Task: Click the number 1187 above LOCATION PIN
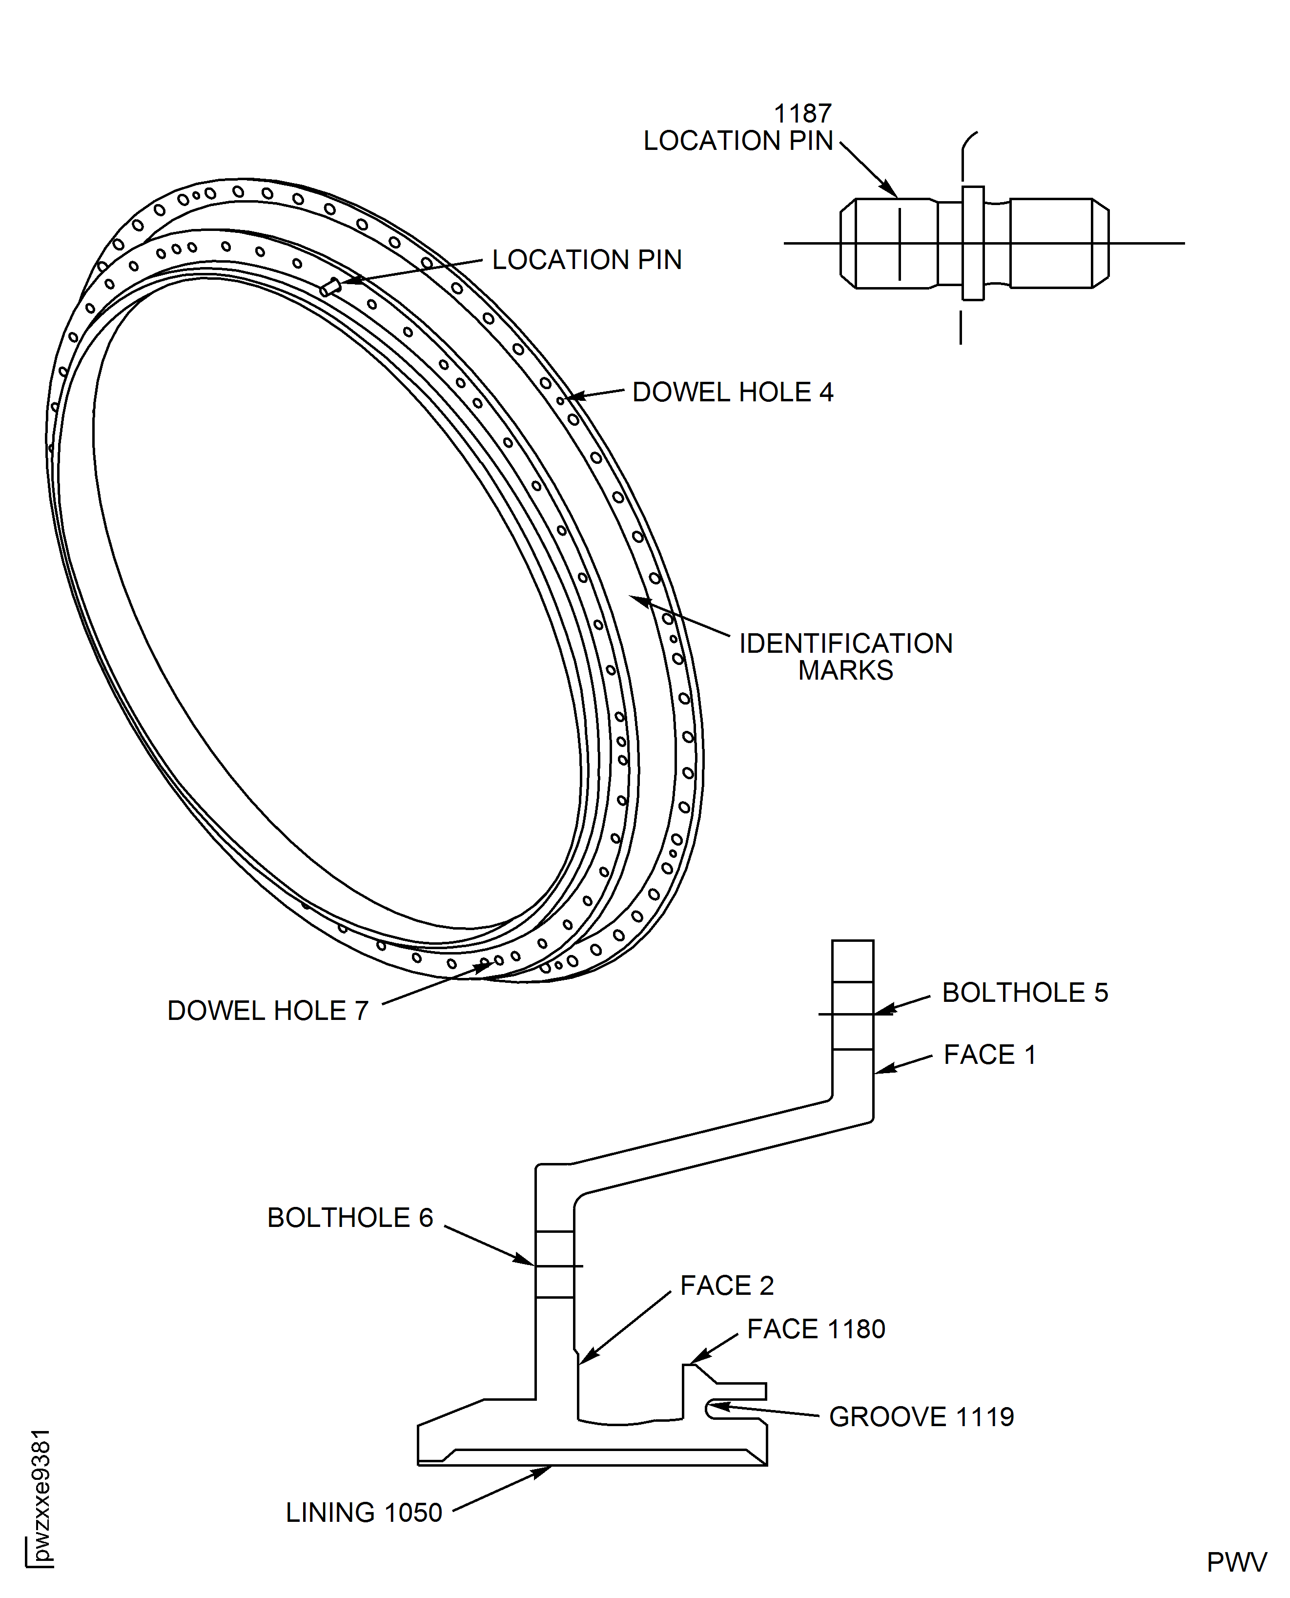click(802, 114)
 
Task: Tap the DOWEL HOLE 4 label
click(732, 393)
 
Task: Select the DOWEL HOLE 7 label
click(267, 1011)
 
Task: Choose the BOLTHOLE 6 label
click(350, 1218)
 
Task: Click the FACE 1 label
click(990, 1055)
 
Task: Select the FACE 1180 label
click(816, 1329)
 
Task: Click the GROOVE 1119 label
click(921, 1417)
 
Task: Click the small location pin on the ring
click(330, 287)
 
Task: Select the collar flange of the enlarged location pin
click(973, 243)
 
